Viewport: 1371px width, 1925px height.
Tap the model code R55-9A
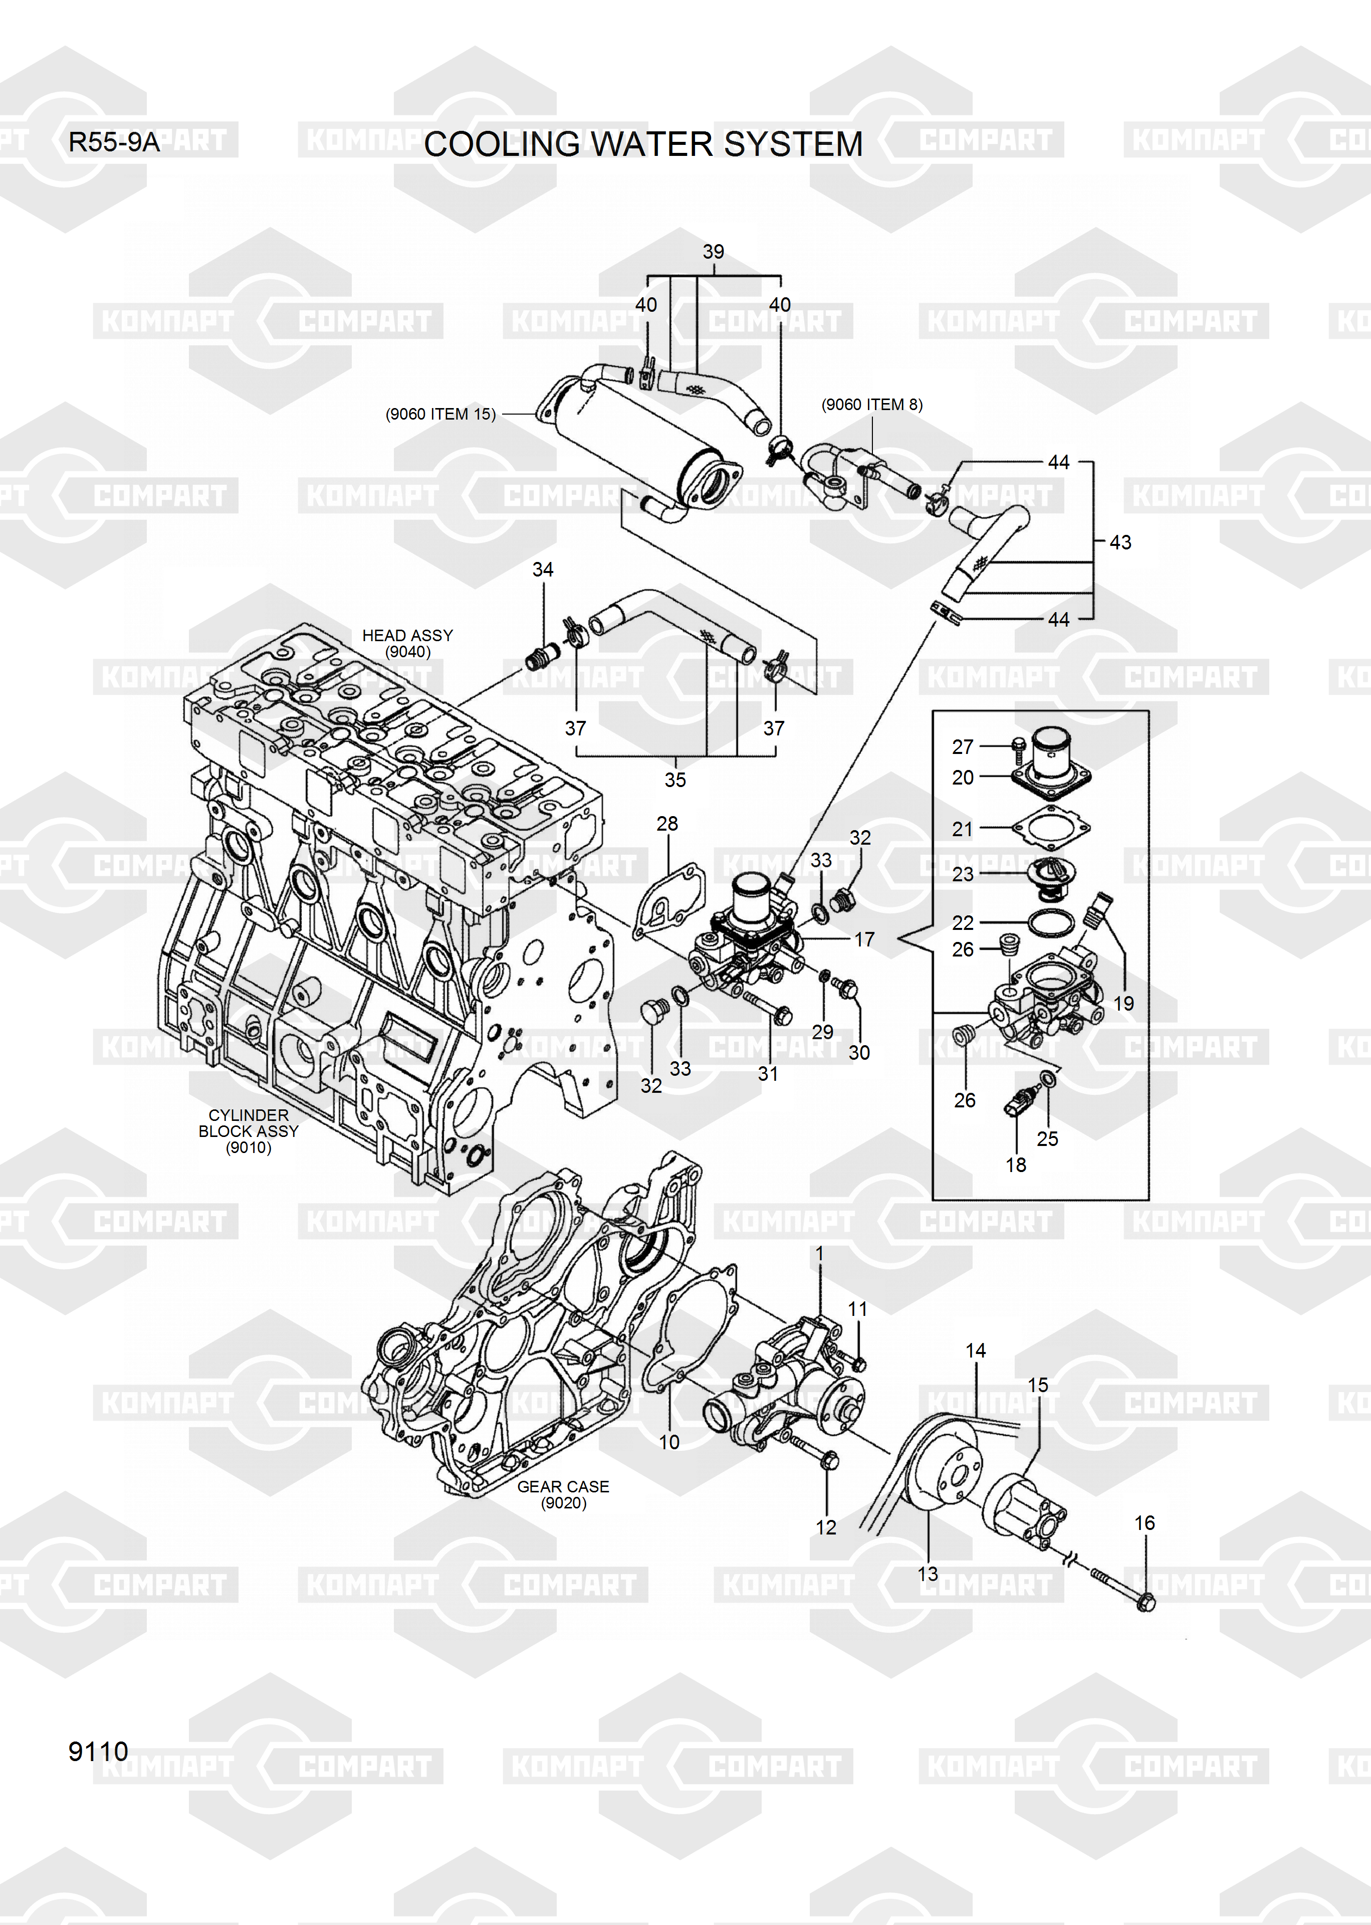click(114, 142)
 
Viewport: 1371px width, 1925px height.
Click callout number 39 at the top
click(714, 252)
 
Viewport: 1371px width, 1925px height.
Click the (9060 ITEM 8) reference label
click(872, 405)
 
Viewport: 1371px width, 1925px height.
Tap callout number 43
click(1120, 542)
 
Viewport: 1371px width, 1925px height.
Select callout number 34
click(543, 570)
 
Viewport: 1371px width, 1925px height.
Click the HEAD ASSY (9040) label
click(408, 643)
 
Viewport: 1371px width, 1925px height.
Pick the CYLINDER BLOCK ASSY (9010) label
click(248, 1131)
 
